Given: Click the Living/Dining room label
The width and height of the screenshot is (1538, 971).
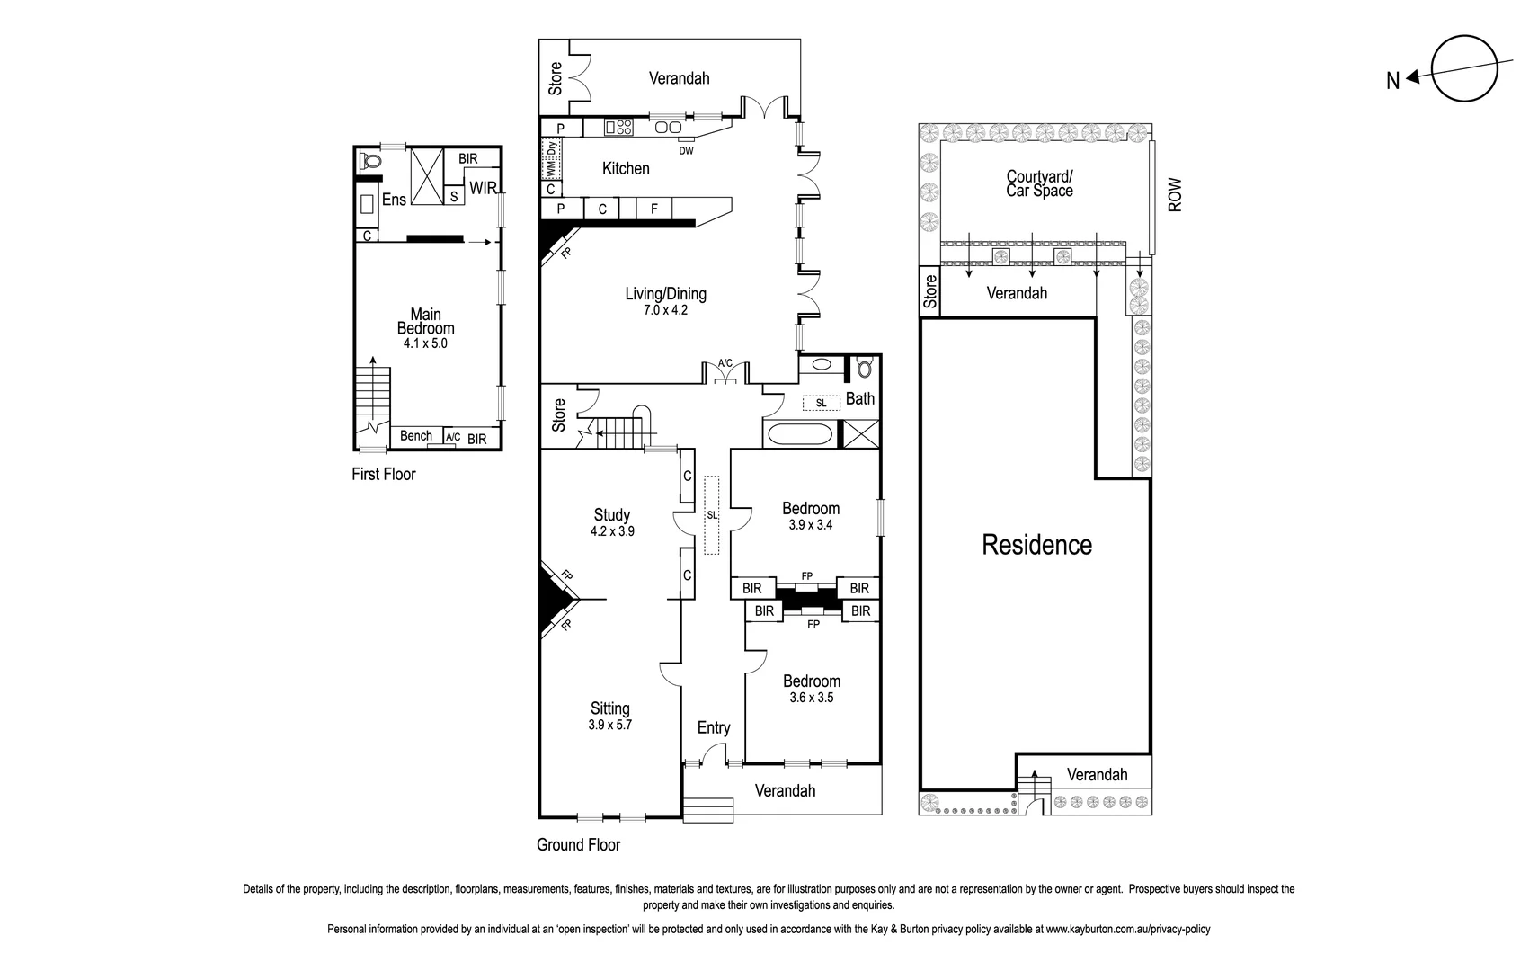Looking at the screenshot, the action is [x=665, y=294].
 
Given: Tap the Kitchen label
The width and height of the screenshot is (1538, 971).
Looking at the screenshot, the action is [x=626, y=168].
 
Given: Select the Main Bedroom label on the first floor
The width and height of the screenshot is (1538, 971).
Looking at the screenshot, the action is [x=425, y=321].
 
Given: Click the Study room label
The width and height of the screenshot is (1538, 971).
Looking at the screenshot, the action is [x=611, y=515].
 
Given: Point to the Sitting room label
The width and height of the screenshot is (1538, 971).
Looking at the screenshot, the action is [x=609, y=708].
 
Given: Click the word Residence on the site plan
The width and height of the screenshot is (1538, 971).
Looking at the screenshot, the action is [x=1036, y=545].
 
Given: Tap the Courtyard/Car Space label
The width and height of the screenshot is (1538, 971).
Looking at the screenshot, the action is [x=1039, y=183].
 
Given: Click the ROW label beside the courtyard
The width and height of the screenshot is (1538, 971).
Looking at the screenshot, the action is [x=1175, y=195].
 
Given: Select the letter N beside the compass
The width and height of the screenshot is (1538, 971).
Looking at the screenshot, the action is [x=1392, y=81].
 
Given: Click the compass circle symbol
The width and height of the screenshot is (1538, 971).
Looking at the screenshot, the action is [x=1464, y=68].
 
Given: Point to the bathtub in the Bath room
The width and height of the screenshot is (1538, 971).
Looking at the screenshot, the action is [x=798, y=436].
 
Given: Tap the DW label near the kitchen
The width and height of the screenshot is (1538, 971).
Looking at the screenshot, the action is [x=686, y=150].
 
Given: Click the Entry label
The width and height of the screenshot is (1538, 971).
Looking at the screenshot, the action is [x=714, y=727].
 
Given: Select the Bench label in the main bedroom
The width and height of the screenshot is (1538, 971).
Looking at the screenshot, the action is [x=416, y=436].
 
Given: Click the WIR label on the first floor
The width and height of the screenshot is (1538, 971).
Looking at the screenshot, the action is [x=483, y=189].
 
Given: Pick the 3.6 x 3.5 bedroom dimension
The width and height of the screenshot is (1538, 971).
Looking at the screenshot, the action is [x=811, y=698].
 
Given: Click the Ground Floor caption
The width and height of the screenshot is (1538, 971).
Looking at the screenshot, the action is [x=578, y=844].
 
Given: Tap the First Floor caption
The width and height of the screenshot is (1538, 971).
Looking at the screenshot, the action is [x=384, y=474].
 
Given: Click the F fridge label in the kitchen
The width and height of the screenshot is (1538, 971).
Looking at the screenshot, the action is [x=654, y=209].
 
